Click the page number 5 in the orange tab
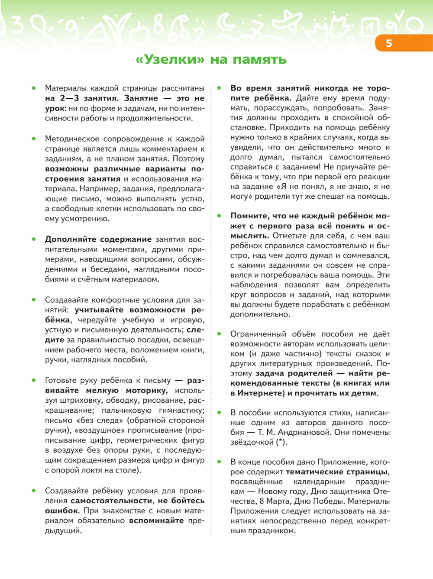tap(389, 43)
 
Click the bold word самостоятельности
tap(112, 501)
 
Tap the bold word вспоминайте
tap(156, 521)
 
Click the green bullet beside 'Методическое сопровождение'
tap(34, 139)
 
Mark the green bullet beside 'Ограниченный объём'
tap(219, 333)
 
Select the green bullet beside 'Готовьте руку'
tap(34, 380)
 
